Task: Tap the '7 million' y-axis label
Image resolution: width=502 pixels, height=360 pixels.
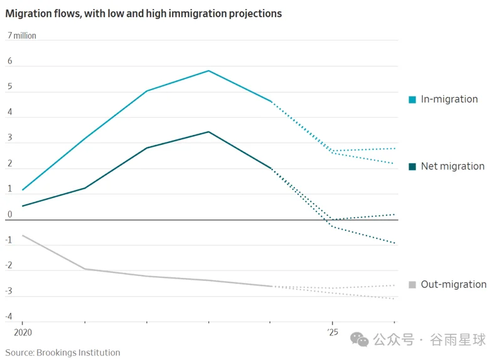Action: point(22,36)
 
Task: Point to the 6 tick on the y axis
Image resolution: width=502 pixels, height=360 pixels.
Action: point(10,61)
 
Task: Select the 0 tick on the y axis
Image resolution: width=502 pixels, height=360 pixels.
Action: point(10,214)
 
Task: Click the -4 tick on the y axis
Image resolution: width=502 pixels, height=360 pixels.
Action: point(9,316)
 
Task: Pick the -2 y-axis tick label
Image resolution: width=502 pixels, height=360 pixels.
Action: point(9,265)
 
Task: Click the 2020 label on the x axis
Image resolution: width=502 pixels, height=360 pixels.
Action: point(23,332)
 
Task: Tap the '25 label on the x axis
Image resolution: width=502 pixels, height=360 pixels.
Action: point(333,332)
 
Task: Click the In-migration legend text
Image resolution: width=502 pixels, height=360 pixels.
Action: point(449,99)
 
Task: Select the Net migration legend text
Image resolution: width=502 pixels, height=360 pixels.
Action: point(452,166)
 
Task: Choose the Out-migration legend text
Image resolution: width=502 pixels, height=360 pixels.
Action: point(454,284)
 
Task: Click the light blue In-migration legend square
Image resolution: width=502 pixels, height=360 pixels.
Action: point(412,99)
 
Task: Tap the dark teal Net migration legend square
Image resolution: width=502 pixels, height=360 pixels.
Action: point(412,166)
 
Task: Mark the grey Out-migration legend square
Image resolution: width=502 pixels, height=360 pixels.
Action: point(412,285)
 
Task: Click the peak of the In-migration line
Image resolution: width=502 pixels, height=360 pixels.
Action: point(209,71)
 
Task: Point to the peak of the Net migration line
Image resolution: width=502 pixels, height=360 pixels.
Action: point(209,132)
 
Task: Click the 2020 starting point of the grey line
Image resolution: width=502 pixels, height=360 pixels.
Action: point(23,235)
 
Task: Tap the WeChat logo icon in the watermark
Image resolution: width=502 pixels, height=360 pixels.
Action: point(360,339)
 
